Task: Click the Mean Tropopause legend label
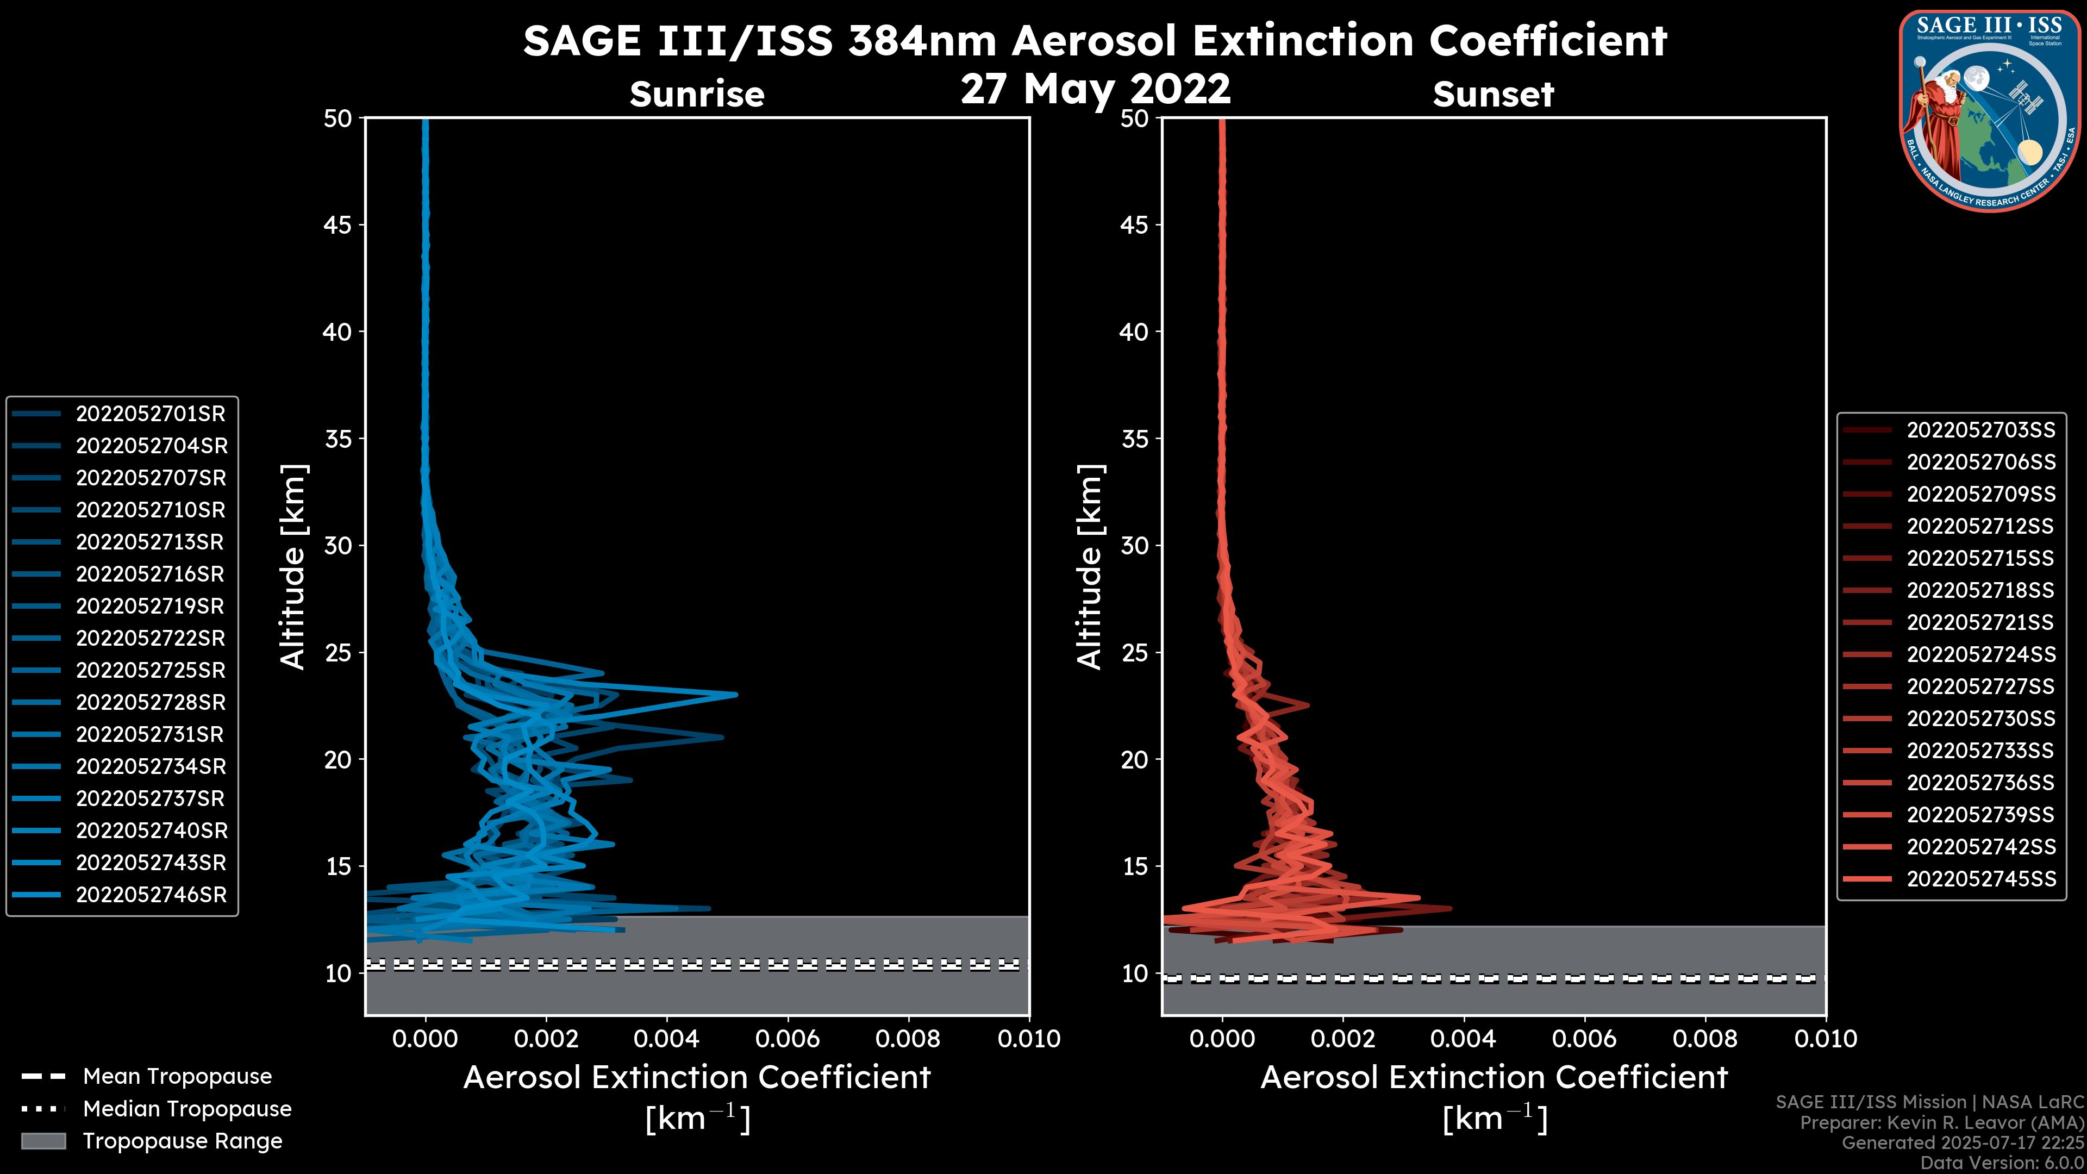[177, 1077]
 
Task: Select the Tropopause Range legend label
[182, 1141]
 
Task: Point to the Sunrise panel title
[697, 94]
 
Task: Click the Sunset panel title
[1493, 94]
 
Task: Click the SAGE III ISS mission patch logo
[1990, 111]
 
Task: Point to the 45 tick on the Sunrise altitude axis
[338, 225]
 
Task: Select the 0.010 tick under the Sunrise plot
[1028, 1039]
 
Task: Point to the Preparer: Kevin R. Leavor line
[1941, 1123]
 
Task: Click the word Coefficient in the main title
[1547, 41]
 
